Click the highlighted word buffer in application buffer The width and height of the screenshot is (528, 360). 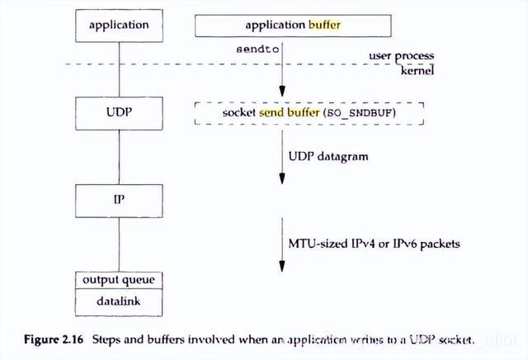tap(324, 26)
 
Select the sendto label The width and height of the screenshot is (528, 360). tap(259, 50)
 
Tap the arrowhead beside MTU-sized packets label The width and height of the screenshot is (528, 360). tap(282, 266)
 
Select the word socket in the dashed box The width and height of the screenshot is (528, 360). tap(239, 111)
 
